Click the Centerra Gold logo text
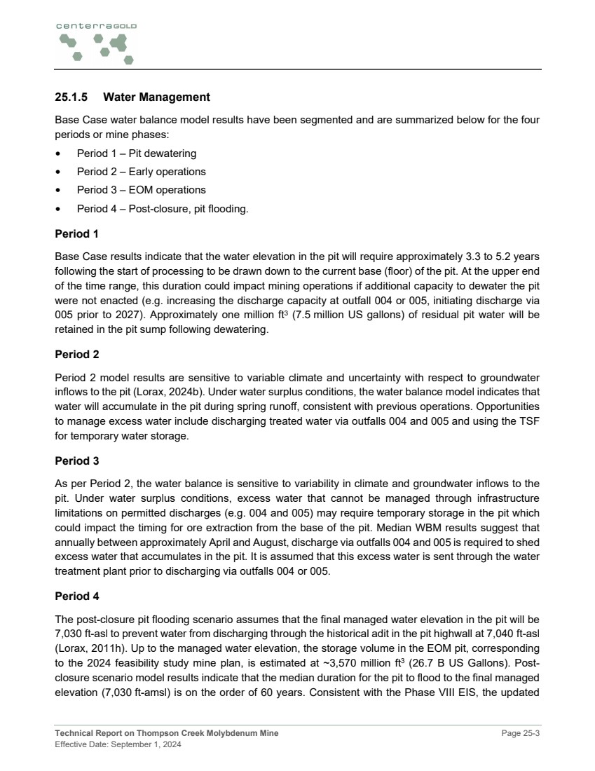tap(97, 26)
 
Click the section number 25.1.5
tap(71, 97)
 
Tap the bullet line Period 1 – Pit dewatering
tap(137, 153)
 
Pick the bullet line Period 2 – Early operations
tap(141, 172)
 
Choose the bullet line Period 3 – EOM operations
tap(141, 190)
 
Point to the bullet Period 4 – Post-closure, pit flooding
tap(162, 209)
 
